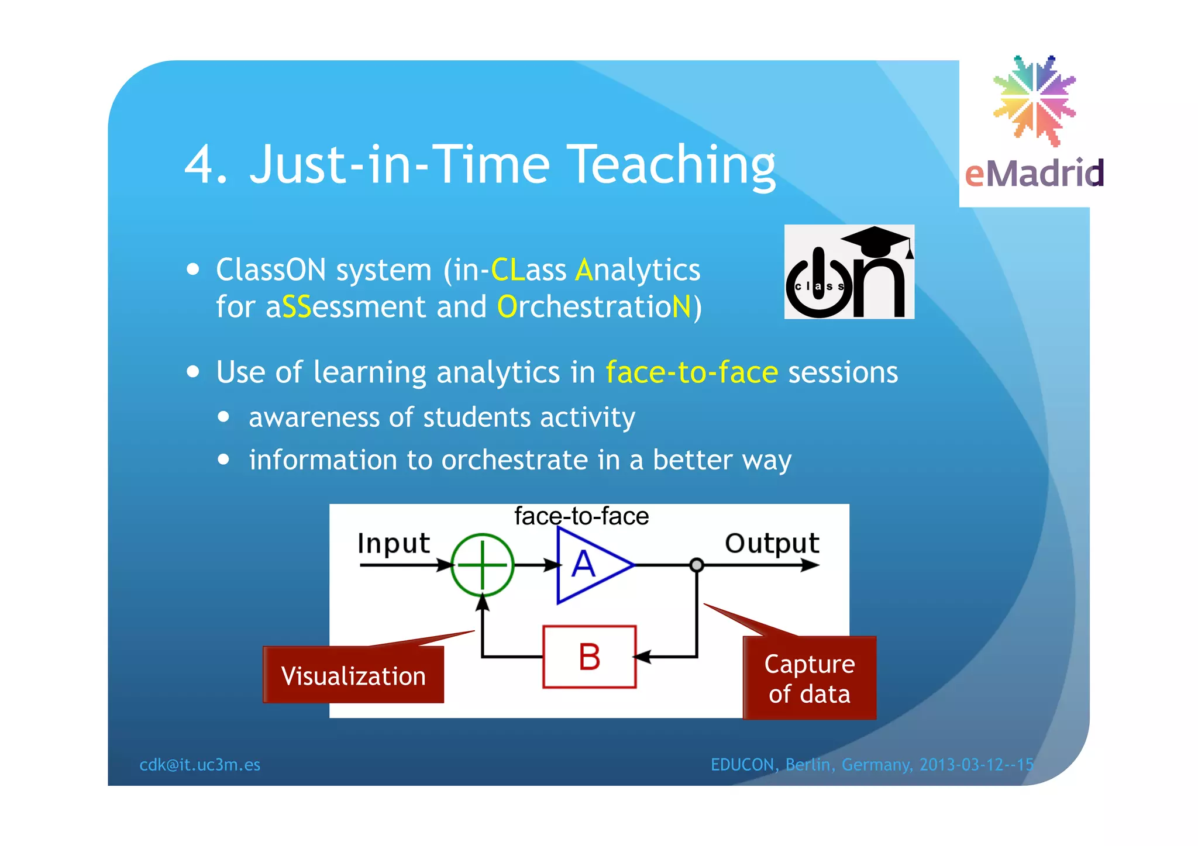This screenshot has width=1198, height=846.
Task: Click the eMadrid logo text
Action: (x=1034, y=174)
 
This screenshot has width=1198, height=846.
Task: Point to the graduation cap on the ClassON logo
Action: (x=876, y=240)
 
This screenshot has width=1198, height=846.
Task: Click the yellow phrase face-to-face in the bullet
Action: (x=691, y=372)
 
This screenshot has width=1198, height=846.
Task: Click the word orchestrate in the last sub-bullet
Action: (x=515, y=460)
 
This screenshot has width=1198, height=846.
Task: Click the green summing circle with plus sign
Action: (x=482, y=565)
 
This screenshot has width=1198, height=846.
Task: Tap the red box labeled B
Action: (x=589, y=657)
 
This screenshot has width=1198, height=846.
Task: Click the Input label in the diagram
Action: (x=393, y=544)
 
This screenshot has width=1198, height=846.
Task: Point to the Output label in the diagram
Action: (x=772, y=544)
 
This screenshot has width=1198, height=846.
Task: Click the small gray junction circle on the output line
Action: (x=696, y=565)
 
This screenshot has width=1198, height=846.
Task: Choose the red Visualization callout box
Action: (x=353, y=675)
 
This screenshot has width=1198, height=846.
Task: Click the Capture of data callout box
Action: (x=810, y=679)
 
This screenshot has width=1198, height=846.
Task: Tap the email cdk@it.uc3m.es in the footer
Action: (x=199, y=765)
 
